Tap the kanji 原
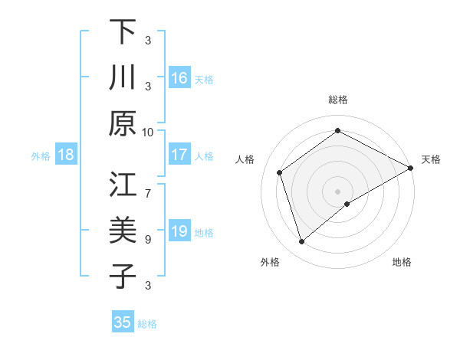123,123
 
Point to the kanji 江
123,185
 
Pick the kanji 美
123,230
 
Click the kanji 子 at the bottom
123,276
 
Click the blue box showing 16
179,78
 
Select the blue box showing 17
179,155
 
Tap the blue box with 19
179,231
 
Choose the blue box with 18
66,155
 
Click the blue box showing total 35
123,322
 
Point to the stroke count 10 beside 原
148,132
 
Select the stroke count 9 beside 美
148,239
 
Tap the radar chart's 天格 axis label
431,159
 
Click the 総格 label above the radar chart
337,100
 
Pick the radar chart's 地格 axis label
402,262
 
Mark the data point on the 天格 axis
411,169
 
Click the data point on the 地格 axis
347,204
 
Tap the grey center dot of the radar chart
337,190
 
